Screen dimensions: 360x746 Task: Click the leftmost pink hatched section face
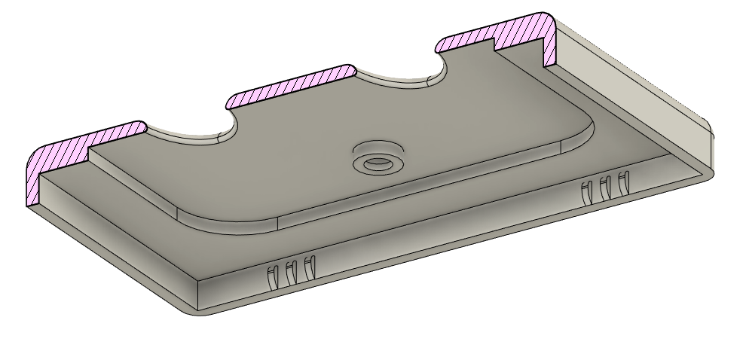click(x=83, y=143)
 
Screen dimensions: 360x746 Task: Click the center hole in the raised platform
click(x=377, y=162)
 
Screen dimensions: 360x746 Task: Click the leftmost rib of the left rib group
click(x=272, y=276)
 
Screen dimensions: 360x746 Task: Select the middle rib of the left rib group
click(x=290, y=272)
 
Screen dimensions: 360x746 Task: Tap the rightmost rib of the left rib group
click(x=309, y=266)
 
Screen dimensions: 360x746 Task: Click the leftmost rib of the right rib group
click(x=586, y=193)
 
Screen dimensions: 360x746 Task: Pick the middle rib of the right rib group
click(x=604, y=188)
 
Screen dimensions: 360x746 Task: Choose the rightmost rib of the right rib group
click(x=622, y=183)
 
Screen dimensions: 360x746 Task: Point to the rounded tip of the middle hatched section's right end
click(x=351, y=70)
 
